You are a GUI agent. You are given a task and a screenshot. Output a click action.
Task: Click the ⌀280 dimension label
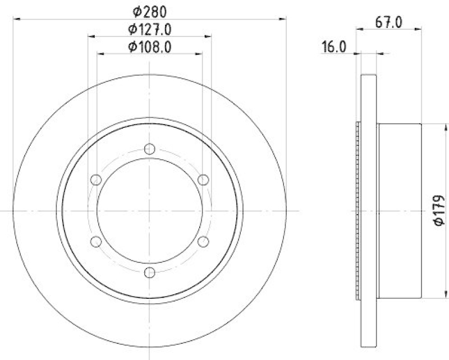[x=149, y=11]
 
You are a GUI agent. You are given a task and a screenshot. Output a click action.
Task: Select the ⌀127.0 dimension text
[x=149, y=29]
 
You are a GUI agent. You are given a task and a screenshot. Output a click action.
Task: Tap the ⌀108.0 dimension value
[x=149, y=47]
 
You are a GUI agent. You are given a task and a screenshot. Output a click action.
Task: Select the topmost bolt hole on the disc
[x=149, y=149]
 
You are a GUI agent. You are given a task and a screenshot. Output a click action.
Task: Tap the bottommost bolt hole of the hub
[x=149, y=273]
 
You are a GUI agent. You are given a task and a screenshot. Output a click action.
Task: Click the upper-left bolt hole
[x=96, y=180]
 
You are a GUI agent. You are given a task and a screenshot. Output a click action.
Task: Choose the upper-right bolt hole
[x=203, y=180]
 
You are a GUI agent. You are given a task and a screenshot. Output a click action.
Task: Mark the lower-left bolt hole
[x=96, y=242]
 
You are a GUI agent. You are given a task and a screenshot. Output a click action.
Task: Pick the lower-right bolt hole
[x=203, y=242]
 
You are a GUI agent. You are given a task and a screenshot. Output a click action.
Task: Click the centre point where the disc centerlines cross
[x=149, y=211]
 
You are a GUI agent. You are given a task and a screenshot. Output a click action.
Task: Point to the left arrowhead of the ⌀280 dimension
[x=15, y=19]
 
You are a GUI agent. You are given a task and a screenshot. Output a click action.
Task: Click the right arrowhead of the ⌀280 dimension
[x=283, y=19]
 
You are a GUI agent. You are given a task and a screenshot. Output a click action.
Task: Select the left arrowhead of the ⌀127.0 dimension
[x=91, y=36]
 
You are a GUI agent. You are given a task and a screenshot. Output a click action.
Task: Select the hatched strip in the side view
[x=358, y=211]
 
